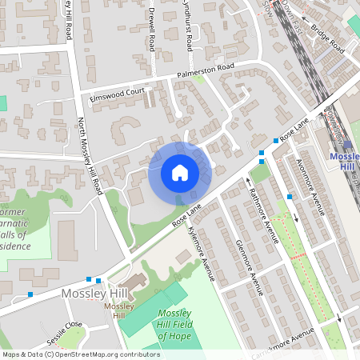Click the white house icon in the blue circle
pyautogui.click(x=179, y=172)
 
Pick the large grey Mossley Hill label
pyautogui.click(x=94, y=294)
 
